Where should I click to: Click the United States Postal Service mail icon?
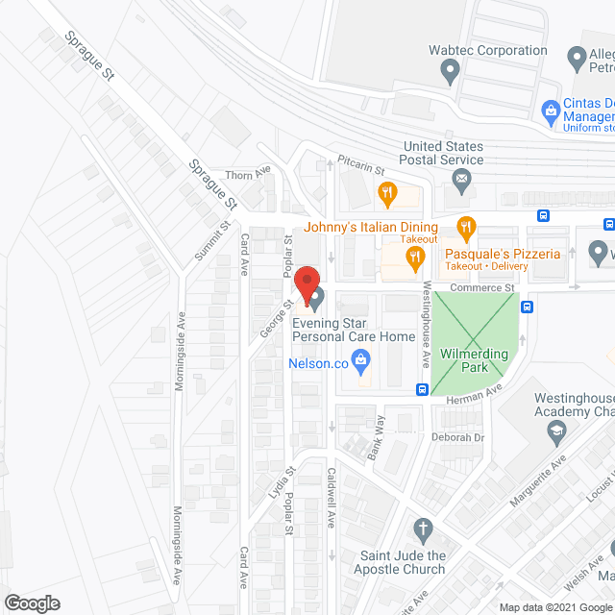point(461,178)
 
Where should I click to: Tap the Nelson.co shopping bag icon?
point(362,363)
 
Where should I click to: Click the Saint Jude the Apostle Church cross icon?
point(420,529)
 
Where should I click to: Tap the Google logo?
point(32,603)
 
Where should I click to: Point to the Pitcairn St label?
point(360,164)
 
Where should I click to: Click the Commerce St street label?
point(483,287)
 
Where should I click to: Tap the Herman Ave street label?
point(480,388)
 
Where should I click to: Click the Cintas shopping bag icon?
point(550,111)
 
